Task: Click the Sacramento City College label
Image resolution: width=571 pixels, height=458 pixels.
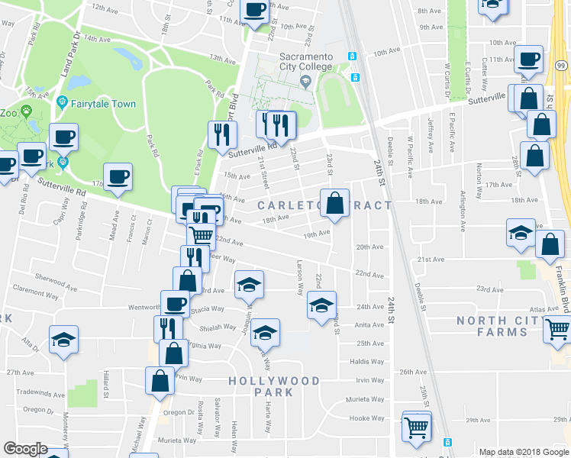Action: click(305, 62)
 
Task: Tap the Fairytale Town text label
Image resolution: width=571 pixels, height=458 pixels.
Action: click(103, 104)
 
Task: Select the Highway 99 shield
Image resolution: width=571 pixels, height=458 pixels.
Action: click(561, 68)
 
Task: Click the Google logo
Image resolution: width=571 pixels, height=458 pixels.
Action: click(25, 448)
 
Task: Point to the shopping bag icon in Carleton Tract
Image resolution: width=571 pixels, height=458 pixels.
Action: click(334, 204)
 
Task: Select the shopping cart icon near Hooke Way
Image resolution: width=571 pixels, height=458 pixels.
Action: click(417, 427)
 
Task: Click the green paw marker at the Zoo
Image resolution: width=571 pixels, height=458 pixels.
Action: click(27, 111)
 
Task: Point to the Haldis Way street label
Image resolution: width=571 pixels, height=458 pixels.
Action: click(366, 362)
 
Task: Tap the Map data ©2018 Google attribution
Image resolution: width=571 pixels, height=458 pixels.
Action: click(523, 451)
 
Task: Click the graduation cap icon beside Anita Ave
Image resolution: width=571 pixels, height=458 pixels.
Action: click(322, 307)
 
